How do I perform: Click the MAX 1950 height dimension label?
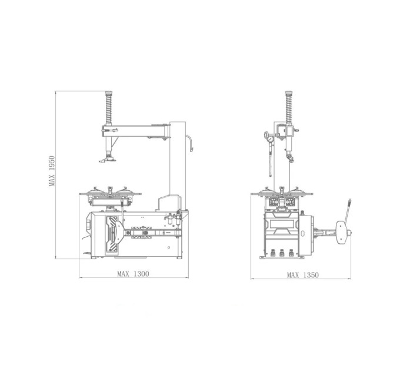[52, 171]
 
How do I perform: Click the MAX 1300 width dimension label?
[133, 274]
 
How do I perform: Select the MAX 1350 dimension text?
[303, 275]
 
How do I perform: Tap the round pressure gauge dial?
[271, 140]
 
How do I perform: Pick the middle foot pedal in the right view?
[282, 253]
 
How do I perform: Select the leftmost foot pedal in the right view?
[272, 253]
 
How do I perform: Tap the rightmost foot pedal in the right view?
[291, 253]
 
